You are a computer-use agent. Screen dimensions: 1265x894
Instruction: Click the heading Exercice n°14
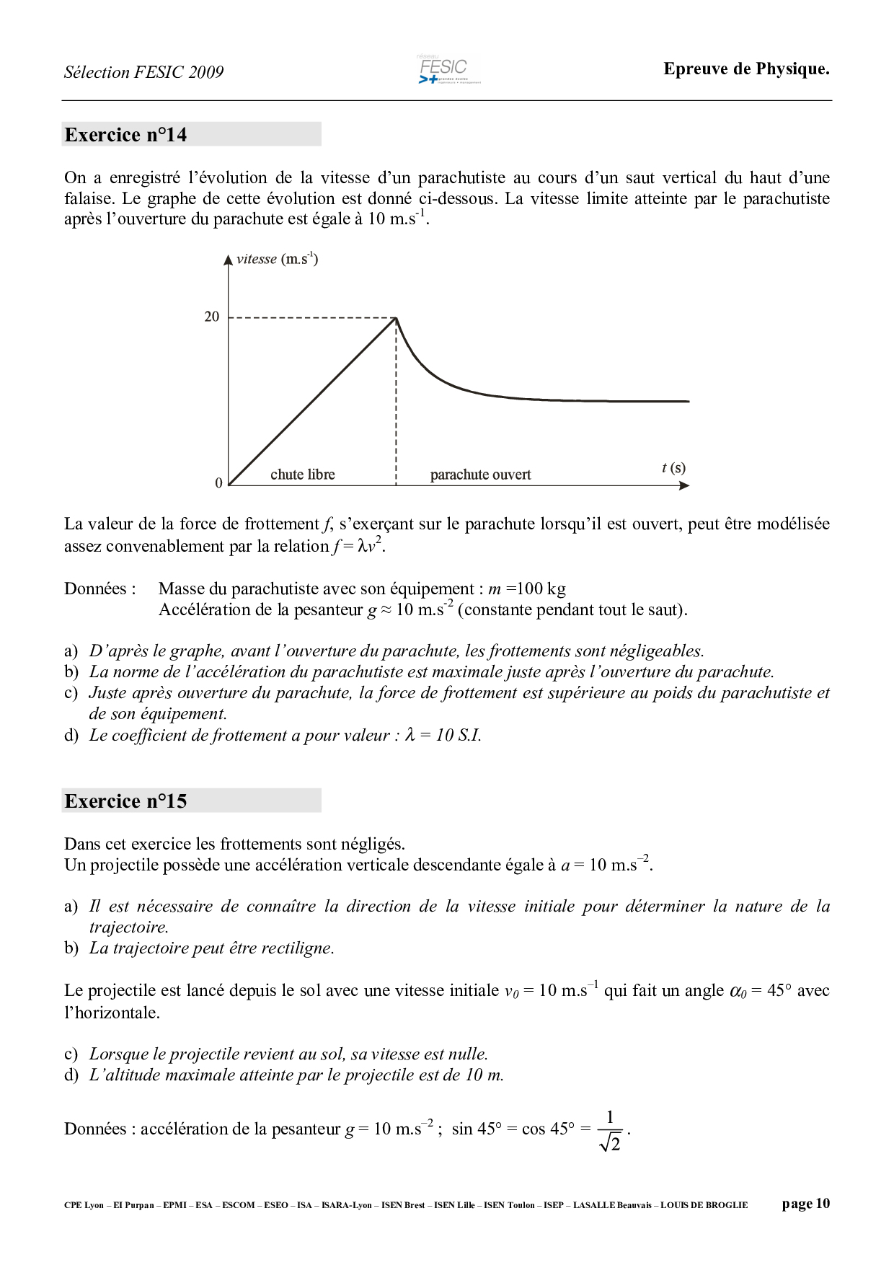coord(125,135)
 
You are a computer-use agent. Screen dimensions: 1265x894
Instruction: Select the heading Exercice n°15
coord(125,801)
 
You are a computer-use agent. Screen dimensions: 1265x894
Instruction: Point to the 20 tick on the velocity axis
coord(211,317)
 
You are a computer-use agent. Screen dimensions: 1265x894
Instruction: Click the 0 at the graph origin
coord(219,483)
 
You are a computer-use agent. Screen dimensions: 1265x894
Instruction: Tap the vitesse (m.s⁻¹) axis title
coord(277,259)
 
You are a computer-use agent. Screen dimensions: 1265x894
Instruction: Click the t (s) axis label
coord(673,468)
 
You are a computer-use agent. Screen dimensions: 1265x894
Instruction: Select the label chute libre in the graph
coord(303,475)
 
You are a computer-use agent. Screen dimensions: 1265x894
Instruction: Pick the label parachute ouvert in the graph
coord(480,475)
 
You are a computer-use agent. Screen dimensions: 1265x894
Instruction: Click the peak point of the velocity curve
coord(396,318)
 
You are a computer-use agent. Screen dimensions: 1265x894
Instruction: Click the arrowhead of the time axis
coord(684,485)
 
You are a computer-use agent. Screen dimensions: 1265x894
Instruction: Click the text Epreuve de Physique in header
coord(746,69)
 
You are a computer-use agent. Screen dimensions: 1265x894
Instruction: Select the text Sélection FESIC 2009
coord(143,72)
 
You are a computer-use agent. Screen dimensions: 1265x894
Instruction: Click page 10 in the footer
coord(805,1204)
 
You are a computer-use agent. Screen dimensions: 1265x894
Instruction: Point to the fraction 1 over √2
coord(610,1130)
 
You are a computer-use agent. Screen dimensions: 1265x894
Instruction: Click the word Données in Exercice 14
coord(99,589)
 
